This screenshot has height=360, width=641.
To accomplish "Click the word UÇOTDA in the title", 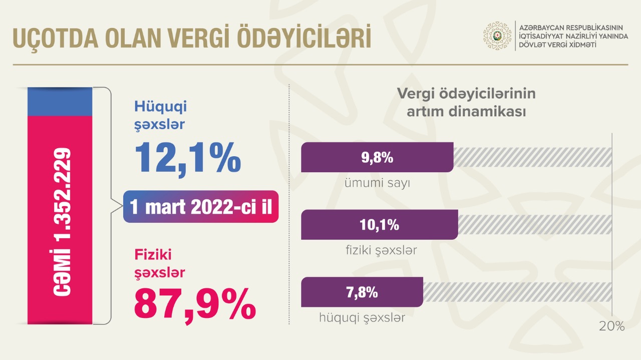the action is point(56,39).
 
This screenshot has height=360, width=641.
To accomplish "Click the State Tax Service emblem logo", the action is point(497,36).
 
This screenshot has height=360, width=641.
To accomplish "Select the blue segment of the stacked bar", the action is point(60,102).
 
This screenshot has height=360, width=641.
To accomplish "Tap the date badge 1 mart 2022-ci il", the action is point(201,207).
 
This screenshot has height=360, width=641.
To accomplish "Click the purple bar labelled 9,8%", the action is point(377,157).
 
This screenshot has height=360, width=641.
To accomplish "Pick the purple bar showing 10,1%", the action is point(380,225).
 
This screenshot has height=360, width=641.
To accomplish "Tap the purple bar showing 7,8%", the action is point(362,292).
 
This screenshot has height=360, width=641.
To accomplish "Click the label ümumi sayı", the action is point(377,183).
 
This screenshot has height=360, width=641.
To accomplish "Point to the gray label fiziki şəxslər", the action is point(381,250).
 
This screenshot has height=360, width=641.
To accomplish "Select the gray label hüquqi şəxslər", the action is point(362,318).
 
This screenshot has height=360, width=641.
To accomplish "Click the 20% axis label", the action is point(612,326).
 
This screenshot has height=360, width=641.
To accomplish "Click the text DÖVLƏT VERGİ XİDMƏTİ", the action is point(557,45).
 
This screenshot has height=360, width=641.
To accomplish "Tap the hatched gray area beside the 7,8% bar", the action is point(517,292).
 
